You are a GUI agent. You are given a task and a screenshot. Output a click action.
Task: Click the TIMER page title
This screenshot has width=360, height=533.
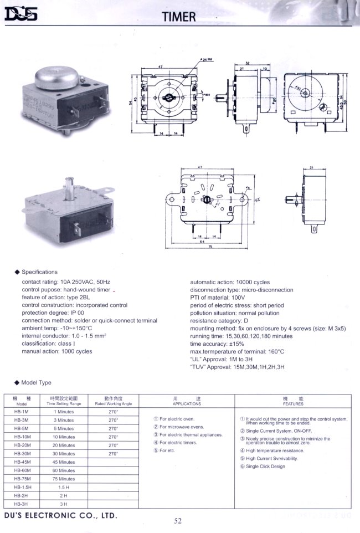click(x=179, y=17)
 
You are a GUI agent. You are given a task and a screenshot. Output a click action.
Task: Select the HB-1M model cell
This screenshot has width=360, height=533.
click(x=22, y=412)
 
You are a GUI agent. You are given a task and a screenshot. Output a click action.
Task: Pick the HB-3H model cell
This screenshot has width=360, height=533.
click(x=22, y=504)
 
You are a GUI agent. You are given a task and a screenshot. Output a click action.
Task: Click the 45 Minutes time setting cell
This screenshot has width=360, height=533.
click(x=64, y=462)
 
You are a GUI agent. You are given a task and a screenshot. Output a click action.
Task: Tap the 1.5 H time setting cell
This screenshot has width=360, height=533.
click(x=64, y=487)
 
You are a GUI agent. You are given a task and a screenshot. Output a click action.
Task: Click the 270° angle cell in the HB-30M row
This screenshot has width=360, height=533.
click(x=114, y=454)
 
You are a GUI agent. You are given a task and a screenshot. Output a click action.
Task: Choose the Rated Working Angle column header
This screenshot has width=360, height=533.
click(x=114, y=401)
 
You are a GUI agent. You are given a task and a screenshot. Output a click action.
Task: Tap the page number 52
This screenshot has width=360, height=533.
click(x=178, y=520)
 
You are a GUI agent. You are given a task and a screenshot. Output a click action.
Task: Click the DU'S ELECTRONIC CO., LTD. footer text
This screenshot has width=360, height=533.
click(x=60, y=515)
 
